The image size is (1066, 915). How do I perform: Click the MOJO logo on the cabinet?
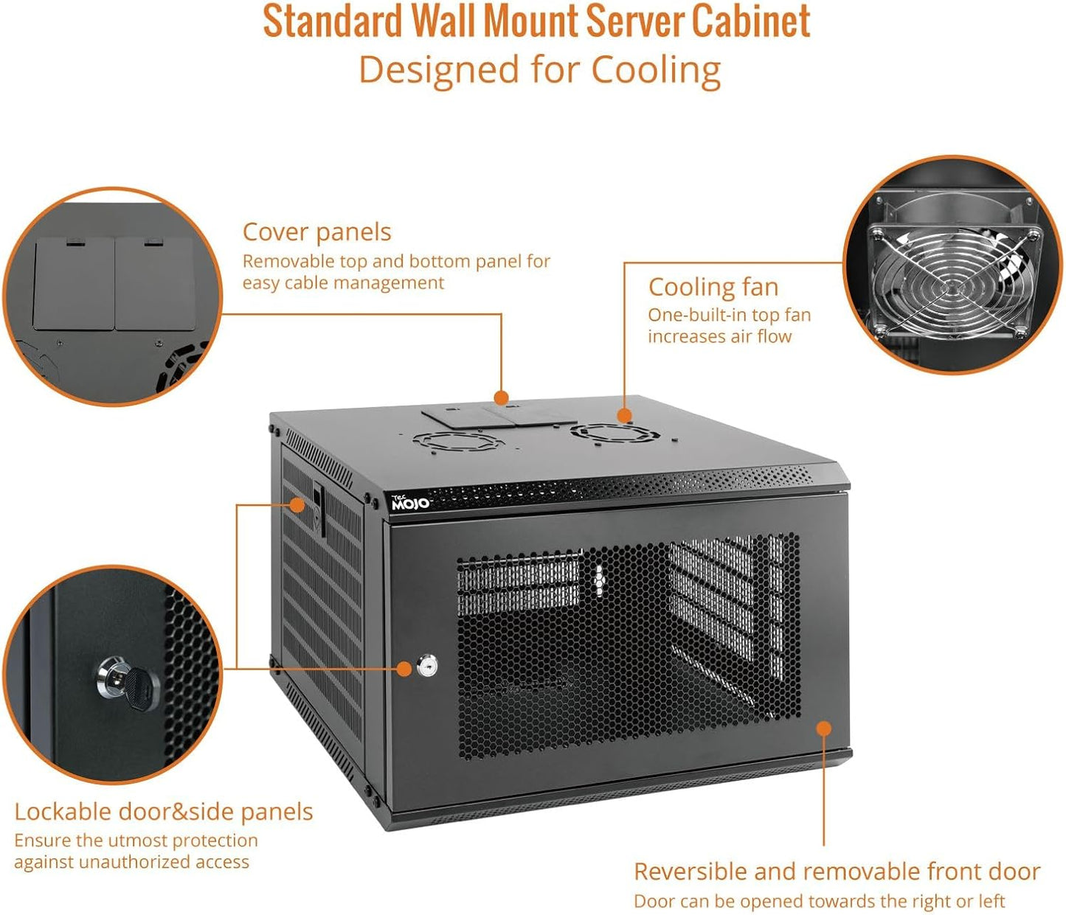(410, 504)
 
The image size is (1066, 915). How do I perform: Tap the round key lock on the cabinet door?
(427, 667)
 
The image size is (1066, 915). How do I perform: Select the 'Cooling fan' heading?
(713, 287)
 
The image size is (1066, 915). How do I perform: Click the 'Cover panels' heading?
(316, 232)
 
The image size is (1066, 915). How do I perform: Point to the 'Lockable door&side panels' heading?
(164, 812)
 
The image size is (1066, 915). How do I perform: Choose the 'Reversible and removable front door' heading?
(837, 871)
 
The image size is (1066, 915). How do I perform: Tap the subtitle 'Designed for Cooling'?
(539, 71)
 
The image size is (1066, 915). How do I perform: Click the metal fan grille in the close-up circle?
(952, 280)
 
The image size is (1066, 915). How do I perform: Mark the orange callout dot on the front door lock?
(404, 669)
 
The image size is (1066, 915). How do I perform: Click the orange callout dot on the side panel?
(297, 505)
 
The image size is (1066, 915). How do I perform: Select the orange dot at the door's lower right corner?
(824, 728)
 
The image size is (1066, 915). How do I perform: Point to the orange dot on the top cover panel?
(502, 398)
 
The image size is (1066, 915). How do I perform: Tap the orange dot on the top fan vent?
(624, 416)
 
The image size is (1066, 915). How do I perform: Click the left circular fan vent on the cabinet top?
(449, 442)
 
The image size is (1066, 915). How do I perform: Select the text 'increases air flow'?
(719, 337)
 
